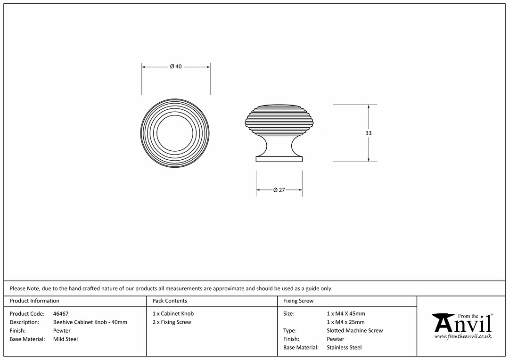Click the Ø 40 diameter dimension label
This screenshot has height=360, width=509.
176,66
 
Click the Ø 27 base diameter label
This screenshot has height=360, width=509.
279,190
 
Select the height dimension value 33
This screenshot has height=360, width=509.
368,133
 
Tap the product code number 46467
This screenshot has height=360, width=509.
61,313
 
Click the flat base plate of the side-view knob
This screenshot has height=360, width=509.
279,159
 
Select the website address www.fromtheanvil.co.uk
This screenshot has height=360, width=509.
463,336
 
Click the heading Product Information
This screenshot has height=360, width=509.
34,301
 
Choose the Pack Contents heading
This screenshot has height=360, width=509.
170,301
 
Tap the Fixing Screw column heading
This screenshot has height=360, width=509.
298,301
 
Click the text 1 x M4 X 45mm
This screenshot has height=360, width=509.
346,313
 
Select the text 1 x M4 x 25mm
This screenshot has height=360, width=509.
346,322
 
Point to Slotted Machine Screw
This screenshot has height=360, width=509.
355,330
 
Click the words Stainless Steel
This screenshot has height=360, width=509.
344,347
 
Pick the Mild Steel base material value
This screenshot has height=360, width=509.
66,339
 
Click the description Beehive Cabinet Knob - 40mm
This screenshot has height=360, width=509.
90,322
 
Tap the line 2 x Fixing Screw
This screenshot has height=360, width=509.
172,322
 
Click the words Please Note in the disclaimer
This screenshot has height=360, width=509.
25,288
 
